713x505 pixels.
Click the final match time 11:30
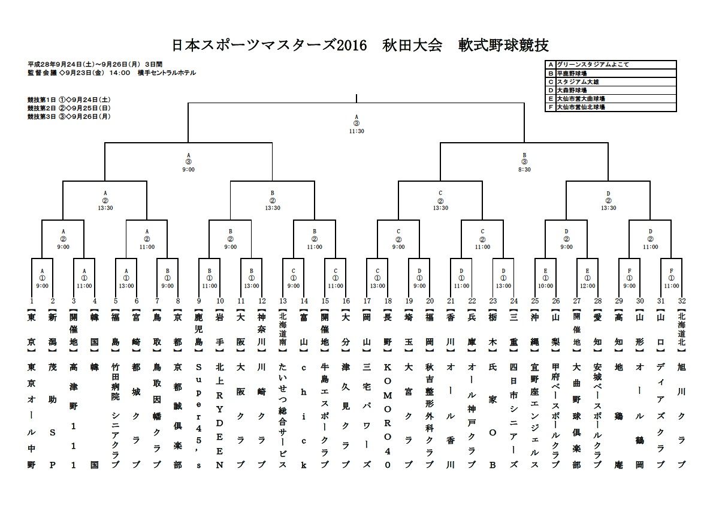356,131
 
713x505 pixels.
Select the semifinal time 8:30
524,170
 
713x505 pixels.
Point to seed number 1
31,300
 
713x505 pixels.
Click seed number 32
681,300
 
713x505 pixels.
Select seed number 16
346,300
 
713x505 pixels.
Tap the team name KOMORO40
388,414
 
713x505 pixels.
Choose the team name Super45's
199,414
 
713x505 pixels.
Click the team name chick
304,414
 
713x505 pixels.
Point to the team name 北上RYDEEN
220,414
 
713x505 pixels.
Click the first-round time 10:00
545,286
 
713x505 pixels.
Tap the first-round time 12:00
587,286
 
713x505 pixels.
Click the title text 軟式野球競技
504,45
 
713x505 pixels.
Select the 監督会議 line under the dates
111,73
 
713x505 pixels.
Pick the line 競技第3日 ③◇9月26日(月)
69,116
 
